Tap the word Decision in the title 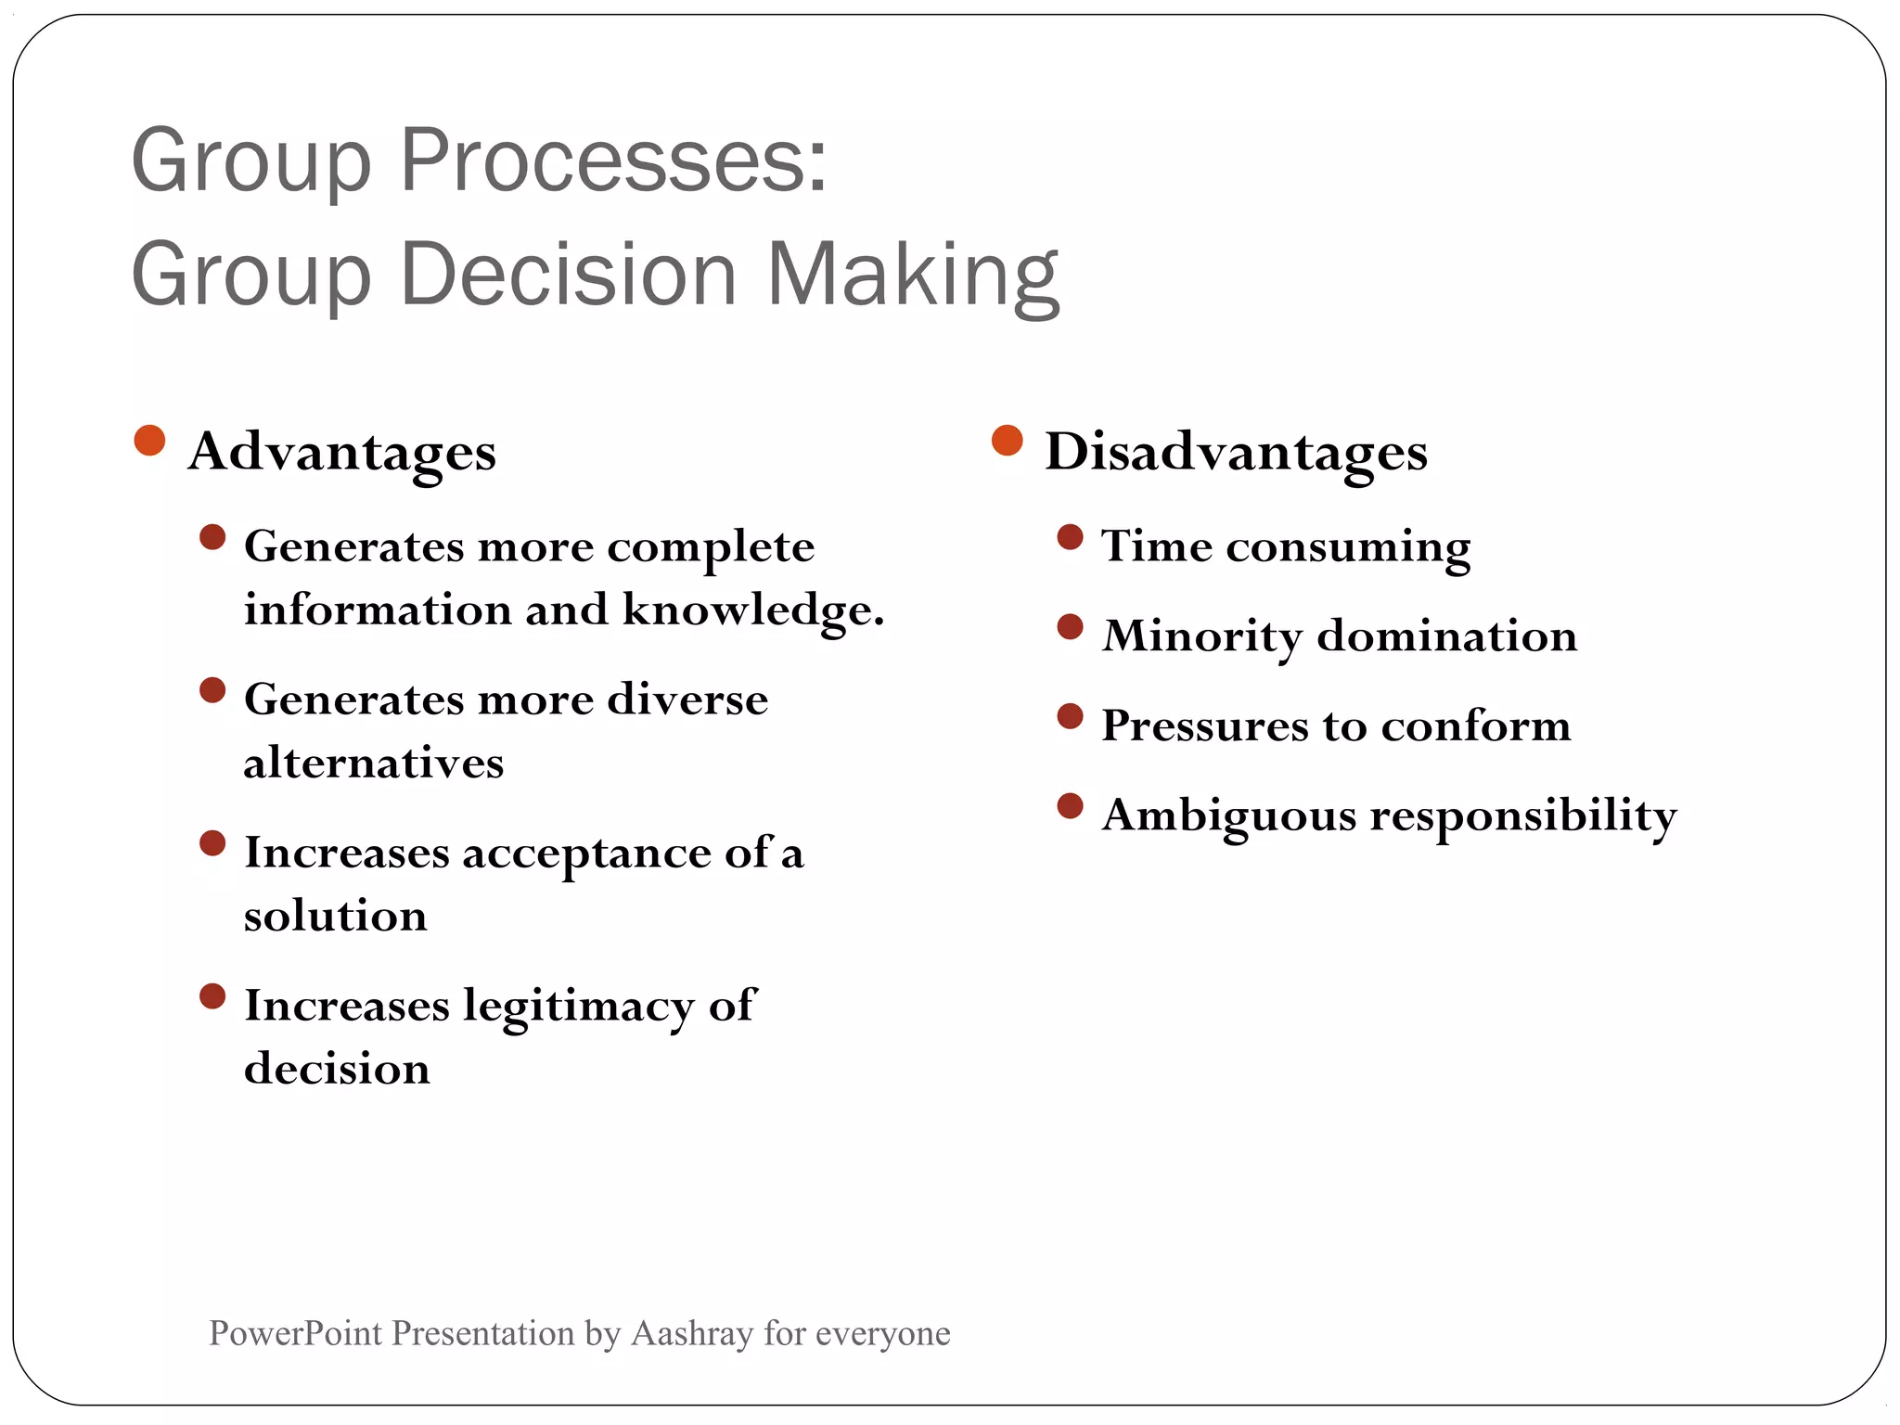[568, 275]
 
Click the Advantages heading [341, 452]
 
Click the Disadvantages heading [1236, 452]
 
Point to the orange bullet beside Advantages [149, 441]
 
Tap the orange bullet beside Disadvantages [1007, 441]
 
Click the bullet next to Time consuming [1070, 537]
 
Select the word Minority [1201, 636]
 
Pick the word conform [1476, 725]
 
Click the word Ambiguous [1229, 816]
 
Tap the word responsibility [1523, 816]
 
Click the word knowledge [752, 610]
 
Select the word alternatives [373, 764]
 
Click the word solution [335, 917]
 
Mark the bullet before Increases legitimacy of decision [212, 996]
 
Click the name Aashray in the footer [691, 1333]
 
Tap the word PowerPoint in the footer [295, 1333]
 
